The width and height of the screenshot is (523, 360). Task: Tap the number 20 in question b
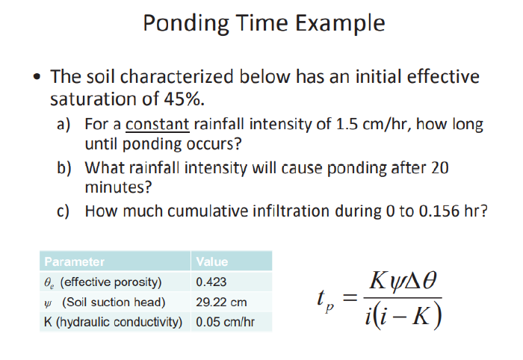[x=439, y=168]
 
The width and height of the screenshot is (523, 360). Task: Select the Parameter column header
[x=74, y=261]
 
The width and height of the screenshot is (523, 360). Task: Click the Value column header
[x=212, y=261]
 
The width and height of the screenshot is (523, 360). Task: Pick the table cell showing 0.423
[x=211, y=282]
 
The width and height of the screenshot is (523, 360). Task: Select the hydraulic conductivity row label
[x=113, y=323]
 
